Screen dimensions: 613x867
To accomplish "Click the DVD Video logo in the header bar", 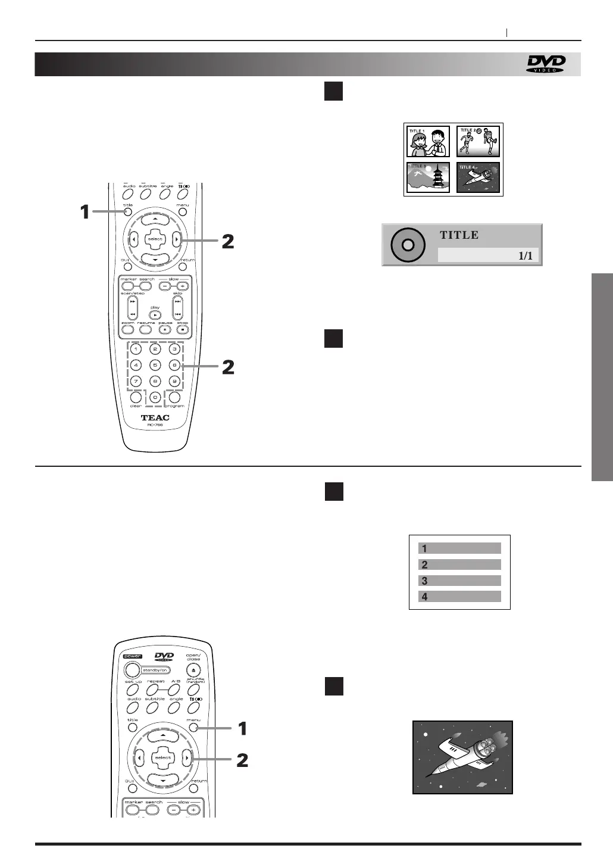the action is tap(545, 64).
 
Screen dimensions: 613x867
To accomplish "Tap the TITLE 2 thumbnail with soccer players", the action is tap(477, 142).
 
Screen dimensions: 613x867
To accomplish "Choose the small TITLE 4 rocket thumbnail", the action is tap(477, 177).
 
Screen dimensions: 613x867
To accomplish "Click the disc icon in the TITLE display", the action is tap(408, 245).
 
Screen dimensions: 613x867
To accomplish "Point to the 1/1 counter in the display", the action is tap(525, 256).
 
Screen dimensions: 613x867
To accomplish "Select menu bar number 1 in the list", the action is tap(459, 548).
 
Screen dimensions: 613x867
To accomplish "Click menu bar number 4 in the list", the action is tap(459, 597).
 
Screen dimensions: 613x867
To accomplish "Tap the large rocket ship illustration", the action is tap(462, 757).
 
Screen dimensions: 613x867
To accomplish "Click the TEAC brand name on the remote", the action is tap(155, 417).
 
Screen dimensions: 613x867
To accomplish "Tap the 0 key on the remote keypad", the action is tap(155, 397).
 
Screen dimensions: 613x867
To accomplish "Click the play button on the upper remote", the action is tap(155, 314).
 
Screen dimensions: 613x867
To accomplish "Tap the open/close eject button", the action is tap(193, 671).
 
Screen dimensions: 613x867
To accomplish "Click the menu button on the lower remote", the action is tap(193, 728).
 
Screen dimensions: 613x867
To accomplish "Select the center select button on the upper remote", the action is tap(155, 239).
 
